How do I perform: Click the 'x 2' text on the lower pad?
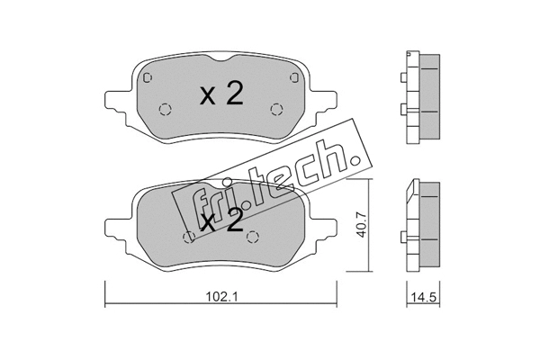coord(221,221)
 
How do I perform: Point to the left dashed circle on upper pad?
coord(165,110)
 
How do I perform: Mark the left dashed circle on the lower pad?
coord(189,238)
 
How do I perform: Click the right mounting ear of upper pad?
coord(326,98)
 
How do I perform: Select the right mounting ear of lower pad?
coord(326,225)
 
